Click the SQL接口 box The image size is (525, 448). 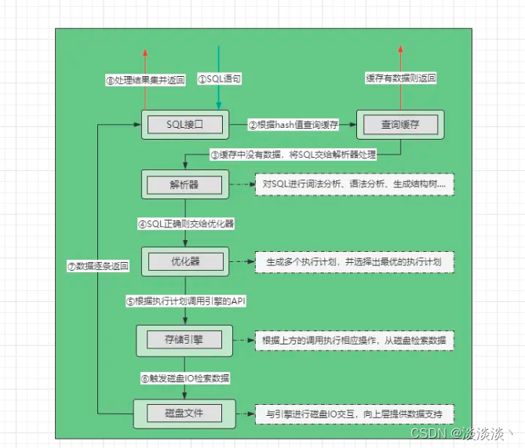[x=184, y=124]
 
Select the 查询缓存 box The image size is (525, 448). [x=400, y=124]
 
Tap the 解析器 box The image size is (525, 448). [x=184, y=185]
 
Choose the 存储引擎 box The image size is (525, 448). [x=184, y=339]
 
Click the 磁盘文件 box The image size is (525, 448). [x=184, y=413]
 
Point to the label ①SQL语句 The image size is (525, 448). [x=220, y=79]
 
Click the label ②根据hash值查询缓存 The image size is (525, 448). [x=293, y=124]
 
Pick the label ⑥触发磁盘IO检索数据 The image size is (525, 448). [x=185, y=377]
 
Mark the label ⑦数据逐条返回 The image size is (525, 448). [x=97, y=266]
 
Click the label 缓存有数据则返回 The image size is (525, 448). [x=401, y=78]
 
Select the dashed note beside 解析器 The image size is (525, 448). [x=355, y=185]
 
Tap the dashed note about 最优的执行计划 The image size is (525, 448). [x=355, y=261]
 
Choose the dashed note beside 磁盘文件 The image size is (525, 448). [x=355, y=413]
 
